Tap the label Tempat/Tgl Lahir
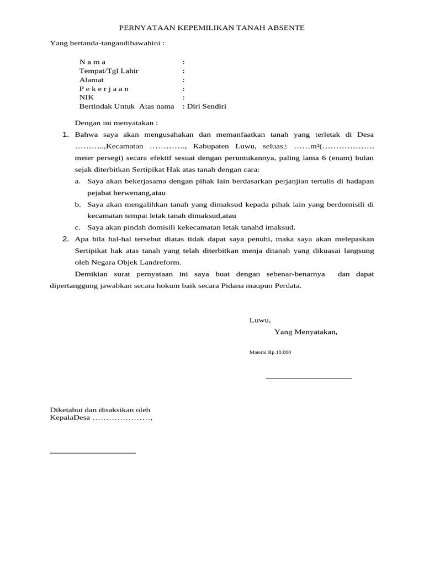tap(109, 71)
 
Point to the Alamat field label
tap(92, 80)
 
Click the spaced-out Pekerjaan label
tap(104, 89)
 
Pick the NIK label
tap(87, 98)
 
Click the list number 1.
tap(65, 135)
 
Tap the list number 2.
tap(65, 239)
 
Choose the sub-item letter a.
tap(77, 181)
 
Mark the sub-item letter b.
tap(77, 204)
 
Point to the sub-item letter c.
tap(77, 227)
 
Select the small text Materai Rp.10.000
tap(270, 352)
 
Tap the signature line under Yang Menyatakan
tap(309, 379)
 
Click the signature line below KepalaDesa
tap(93, 453)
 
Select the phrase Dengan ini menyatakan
tap(116, 122)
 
